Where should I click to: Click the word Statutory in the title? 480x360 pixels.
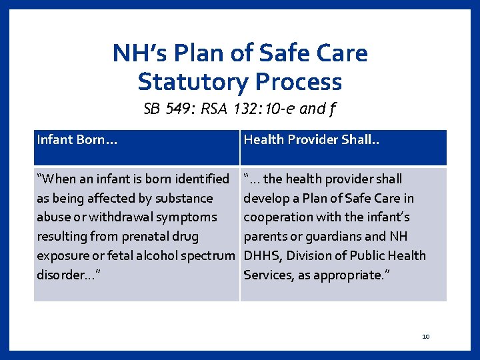(193, 82)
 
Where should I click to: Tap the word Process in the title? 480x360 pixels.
(298, 82)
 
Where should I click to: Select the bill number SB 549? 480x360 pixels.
(166, 109)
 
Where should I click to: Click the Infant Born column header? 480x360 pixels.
(68, 139)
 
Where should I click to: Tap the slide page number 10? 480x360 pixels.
(426, 337)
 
